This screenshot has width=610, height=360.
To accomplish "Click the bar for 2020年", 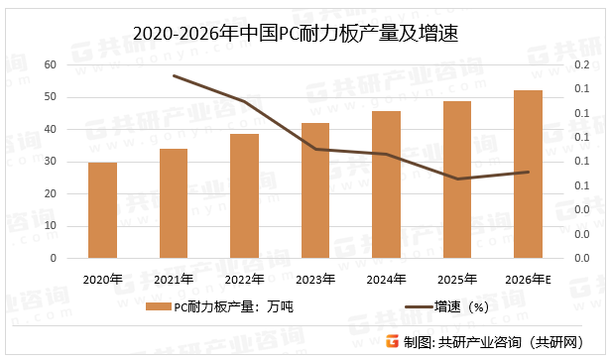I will tap(102, 210).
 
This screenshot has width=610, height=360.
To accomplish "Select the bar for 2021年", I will tap(174, 203).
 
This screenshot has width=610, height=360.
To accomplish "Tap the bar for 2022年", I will tap(244, 196).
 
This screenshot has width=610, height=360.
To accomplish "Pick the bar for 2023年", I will tap(315, 190).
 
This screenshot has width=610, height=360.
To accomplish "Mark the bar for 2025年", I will tap(457, 180).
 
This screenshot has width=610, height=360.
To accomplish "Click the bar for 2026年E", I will tap(528, 175).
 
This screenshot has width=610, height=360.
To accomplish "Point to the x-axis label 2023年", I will tap(315, 278).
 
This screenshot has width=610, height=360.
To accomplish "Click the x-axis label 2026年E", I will tap(529, 278).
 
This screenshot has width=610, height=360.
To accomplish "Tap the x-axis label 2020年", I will tap(102, 278).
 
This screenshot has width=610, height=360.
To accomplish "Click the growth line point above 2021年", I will tap(174, 75).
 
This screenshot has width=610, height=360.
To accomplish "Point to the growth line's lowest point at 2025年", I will tap(457, 179).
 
